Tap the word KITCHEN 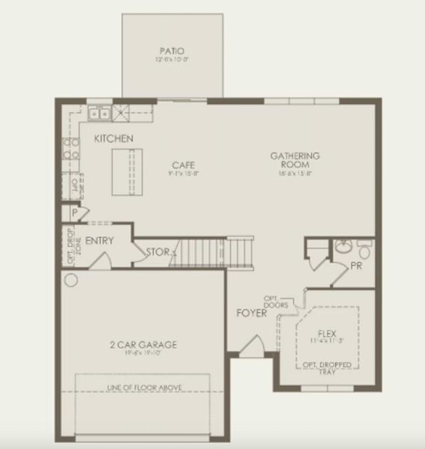(114, 138)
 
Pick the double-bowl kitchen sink (99, 114)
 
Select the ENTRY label (99, 241)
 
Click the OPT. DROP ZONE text (71, 245)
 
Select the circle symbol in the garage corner (71, 281)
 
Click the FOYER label (252, 313)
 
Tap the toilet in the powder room (364, 247)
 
